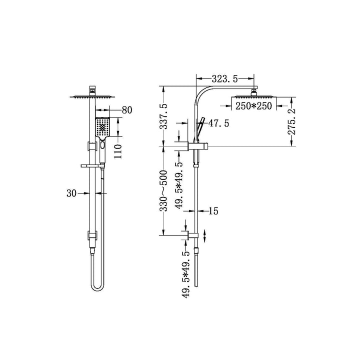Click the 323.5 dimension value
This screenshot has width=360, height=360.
click(x=224, y=79)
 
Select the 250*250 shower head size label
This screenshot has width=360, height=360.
click(x=253, y=106)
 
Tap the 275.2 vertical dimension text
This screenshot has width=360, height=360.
click(x=291, y=121)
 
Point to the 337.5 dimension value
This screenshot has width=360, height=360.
click(x=163, y=116)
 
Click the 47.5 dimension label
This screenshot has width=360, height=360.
click(x=219, y=123)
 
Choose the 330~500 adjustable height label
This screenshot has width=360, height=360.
click(x=163, y=190)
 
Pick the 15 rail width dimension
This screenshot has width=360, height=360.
click(x=213, y=211)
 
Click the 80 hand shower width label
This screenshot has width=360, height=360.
click(x=127, y=110)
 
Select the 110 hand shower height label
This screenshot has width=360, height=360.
click(x=118, y=151)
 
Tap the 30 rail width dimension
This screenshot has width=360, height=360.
click(x=71, y=193)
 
